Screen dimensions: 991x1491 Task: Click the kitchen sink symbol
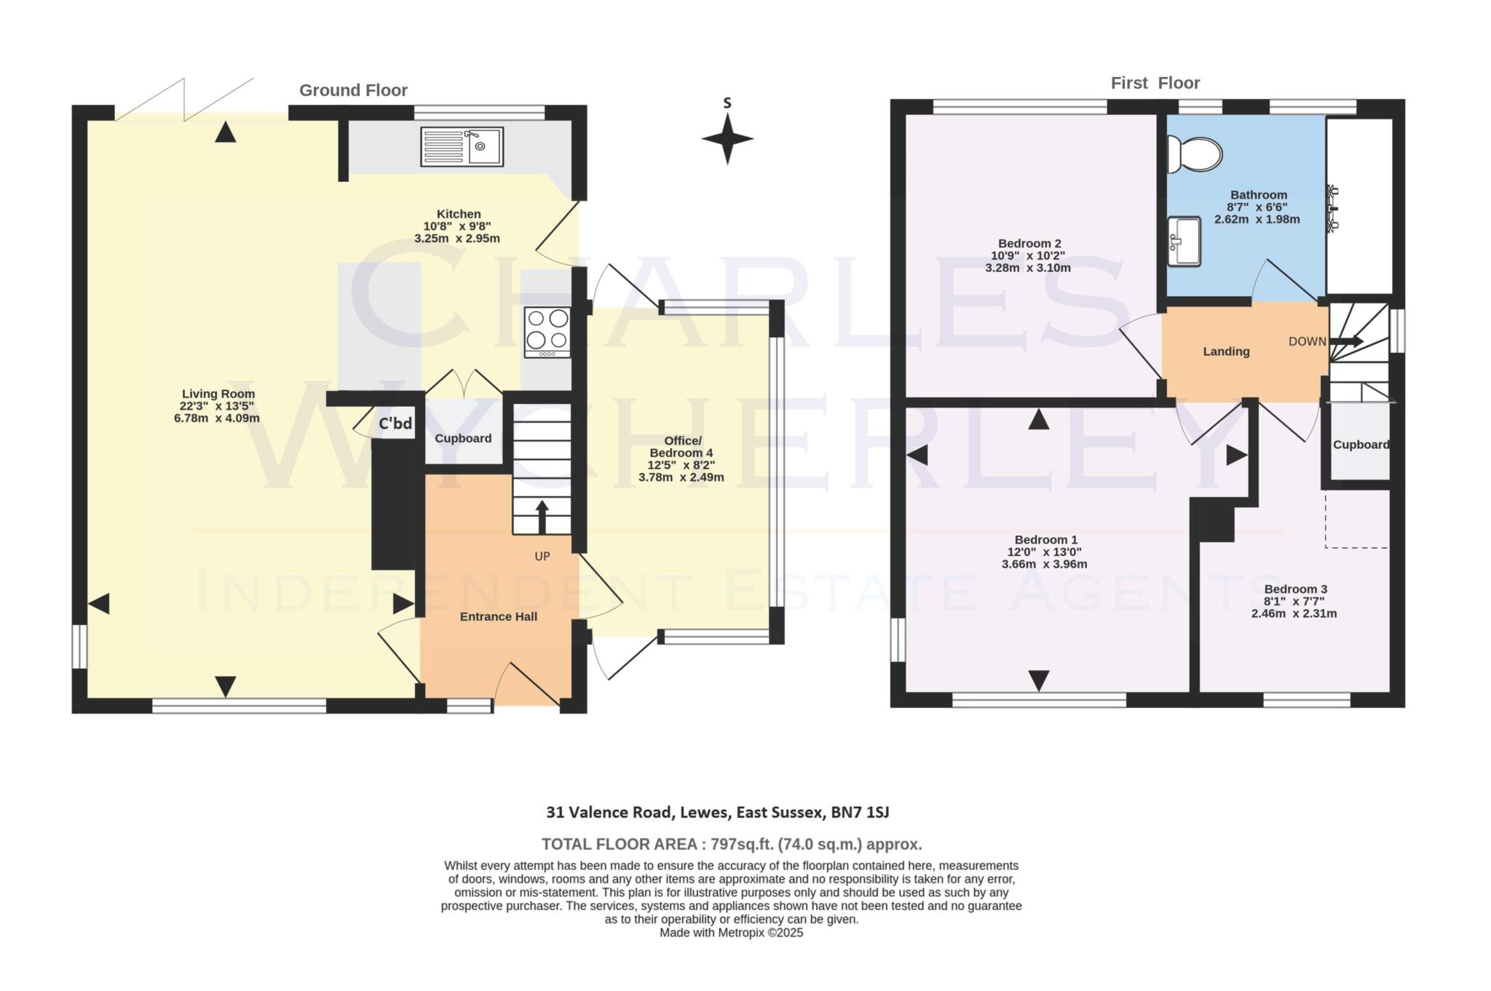[x=462, y=146]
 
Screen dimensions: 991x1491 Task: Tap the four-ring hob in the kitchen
[x=547, y=332]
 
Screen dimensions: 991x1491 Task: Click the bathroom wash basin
[x=1184, y=242]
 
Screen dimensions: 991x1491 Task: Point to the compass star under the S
[x=727, y=138]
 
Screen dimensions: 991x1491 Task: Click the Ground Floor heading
[x=353, y=90]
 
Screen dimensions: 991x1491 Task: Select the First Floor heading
[x=1155, y=83]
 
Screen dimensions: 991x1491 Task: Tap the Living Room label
[x=218, y=394]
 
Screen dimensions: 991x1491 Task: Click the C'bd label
[x=395, y=423]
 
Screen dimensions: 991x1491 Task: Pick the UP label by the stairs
[x=542, y=557]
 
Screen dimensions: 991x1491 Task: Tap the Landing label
[x=1226, y=351]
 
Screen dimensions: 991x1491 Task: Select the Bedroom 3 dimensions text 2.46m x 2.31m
[x=1294, y=613]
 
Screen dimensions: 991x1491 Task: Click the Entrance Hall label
[x=499, y=617]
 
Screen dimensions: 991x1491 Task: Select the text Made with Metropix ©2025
[x=731, y=933]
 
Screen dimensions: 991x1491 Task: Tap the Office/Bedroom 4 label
[x=682, y=447]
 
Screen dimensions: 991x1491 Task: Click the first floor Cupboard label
[x=1361, y=445]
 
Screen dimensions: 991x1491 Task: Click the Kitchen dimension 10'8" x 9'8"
[x=458, y=226]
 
